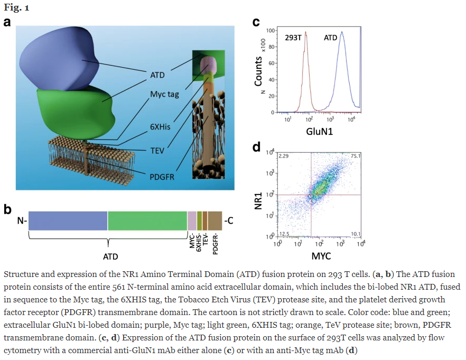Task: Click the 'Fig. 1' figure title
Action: click(x=16, y=7)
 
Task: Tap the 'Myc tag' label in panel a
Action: click(x=164, y=94)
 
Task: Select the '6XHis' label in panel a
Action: click(x=160, y=127)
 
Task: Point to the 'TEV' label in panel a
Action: click(x=157, y=151)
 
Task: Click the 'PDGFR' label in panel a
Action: click(x=162, y=177)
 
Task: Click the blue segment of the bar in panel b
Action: click(x=68, y=221)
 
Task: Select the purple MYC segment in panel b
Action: click(x=192, y=221)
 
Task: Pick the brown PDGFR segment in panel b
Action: click(x=215, y=221)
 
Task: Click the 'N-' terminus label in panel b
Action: click(x=22, y=221)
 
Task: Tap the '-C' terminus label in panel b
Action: click(x=229, y=220)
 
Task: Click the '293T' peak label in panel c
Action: click(x=293, y=38)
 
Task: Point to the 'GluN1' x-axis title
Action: click(x=320, y=132)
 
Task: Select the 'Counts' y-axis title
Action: click(x=258, y=71)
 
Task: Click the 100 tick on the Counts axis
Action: click(x=271, y=30)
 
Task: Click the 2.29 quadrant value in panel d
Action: click(x=284, y=156)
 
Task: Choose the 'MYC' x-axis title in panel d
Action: click(x=321, y=256)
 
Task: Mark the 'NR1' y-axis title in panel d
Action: click(x=258, y=201)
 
